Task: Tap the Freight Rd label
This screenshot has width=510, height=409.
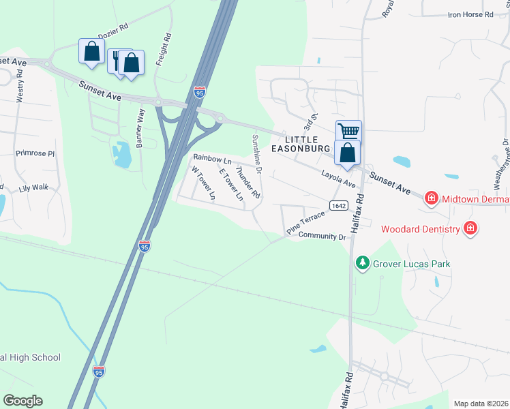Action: click(162, 49)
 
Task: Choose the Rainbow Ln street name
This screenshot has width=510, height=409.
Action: click(212, 158)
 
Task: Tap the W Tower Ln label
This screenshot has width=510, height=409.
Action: click(203, 183)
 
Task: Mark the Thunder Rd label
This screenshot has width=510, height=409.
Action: click(247, 182)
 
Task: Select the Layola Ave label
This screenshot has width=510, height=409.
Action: click(339, 180)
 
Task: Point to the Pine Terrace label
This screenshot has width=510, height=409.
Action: click(305, 223)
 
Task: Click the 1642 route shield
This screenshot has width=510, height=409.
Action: click(338, 205)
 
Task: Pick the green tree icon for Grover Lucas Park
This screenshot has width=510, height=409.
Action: click(363, 262)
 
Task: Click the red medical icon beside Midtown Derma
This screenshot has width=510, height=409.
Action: click(431, 199)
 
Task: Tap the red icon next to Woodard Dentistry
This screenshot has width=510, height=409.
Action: click(470, 228)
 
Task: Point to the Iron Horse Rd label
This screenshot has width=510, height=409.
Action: click(470, 14)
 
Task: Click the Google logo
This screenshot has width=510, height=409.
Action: click(22, 401)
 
